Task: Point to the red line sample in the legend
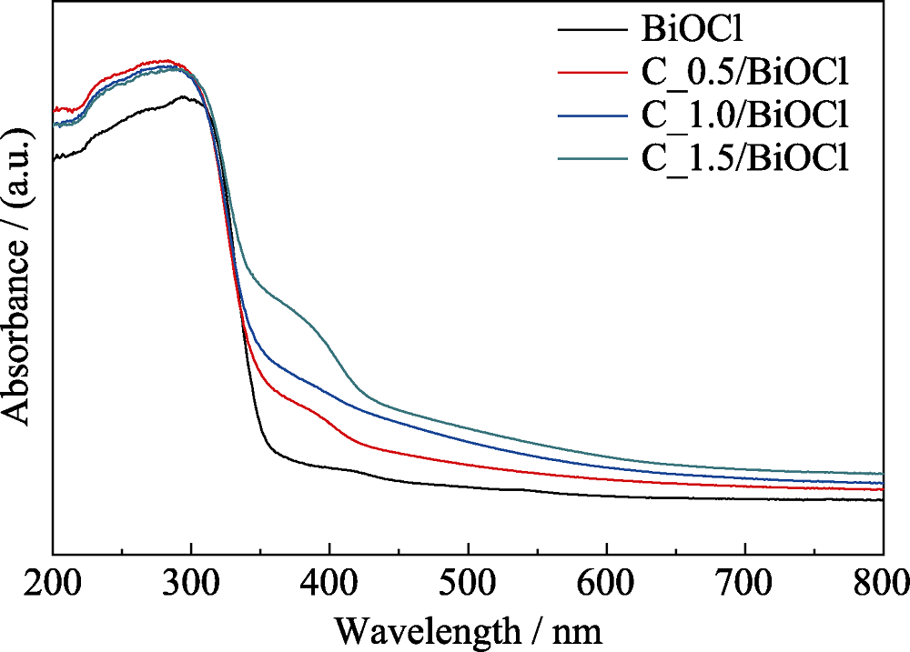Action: coord(590,73)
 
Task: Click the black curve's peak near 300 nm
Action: coord(186,97)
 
